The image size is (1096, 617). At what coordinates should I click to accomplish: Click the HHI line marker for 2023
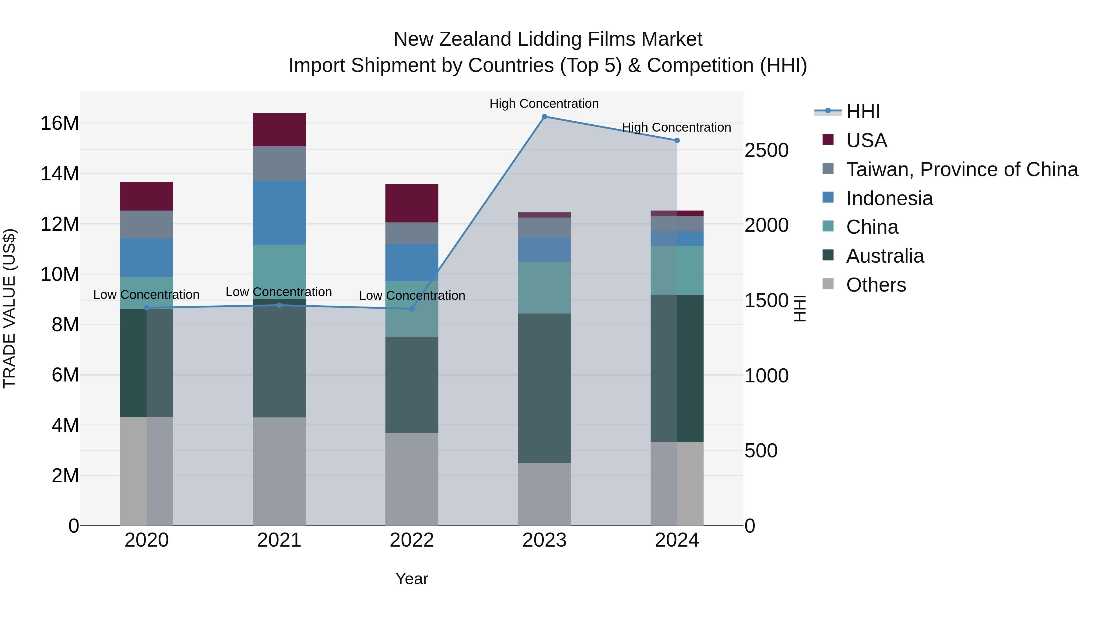[544, 117]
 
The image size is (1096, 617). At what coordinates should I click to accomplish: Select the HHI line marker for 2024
[677, 140]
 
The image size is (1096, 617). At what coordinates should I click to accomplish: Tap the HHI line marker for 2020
[147, 308]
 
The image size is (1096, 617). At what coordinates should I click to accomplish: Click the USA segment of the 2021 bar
[279, 130]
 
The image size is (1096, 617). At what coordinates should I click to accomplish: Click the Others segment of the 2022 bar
[411, 479]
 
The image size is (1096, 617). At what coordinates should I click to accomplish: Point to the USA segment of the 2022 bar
[411, 203]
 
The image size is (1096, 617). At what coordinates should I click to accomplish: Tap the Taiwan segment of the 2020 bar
[147, 224]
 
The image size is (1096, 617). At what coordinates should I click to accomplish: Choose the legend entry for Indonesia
[889, 198]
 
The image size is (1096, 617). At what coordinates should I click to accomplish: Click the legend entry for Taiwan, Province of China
[961, 169]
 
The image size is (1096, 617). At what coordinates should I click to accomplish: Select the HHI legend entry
[863, 112]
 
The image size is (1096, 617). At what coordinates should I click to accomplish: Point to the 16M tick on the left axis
[60, 123]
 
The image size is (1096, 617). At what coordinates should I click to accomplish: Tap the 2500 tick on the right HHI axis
[766, 150]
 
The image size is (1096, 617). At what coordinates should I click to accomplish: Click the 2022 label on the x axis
[411, 540]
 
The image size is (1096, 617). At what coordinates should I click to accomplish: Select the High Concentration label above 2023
[544, 104]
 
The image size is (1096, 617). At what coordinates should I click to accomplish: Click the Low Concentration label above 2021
[279, 292]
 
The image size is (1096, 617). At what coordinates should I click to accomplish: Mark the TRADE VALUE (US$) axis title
[9, 308]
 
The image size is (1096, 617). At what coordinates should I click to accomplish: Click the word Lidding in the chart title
[549, 39]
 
